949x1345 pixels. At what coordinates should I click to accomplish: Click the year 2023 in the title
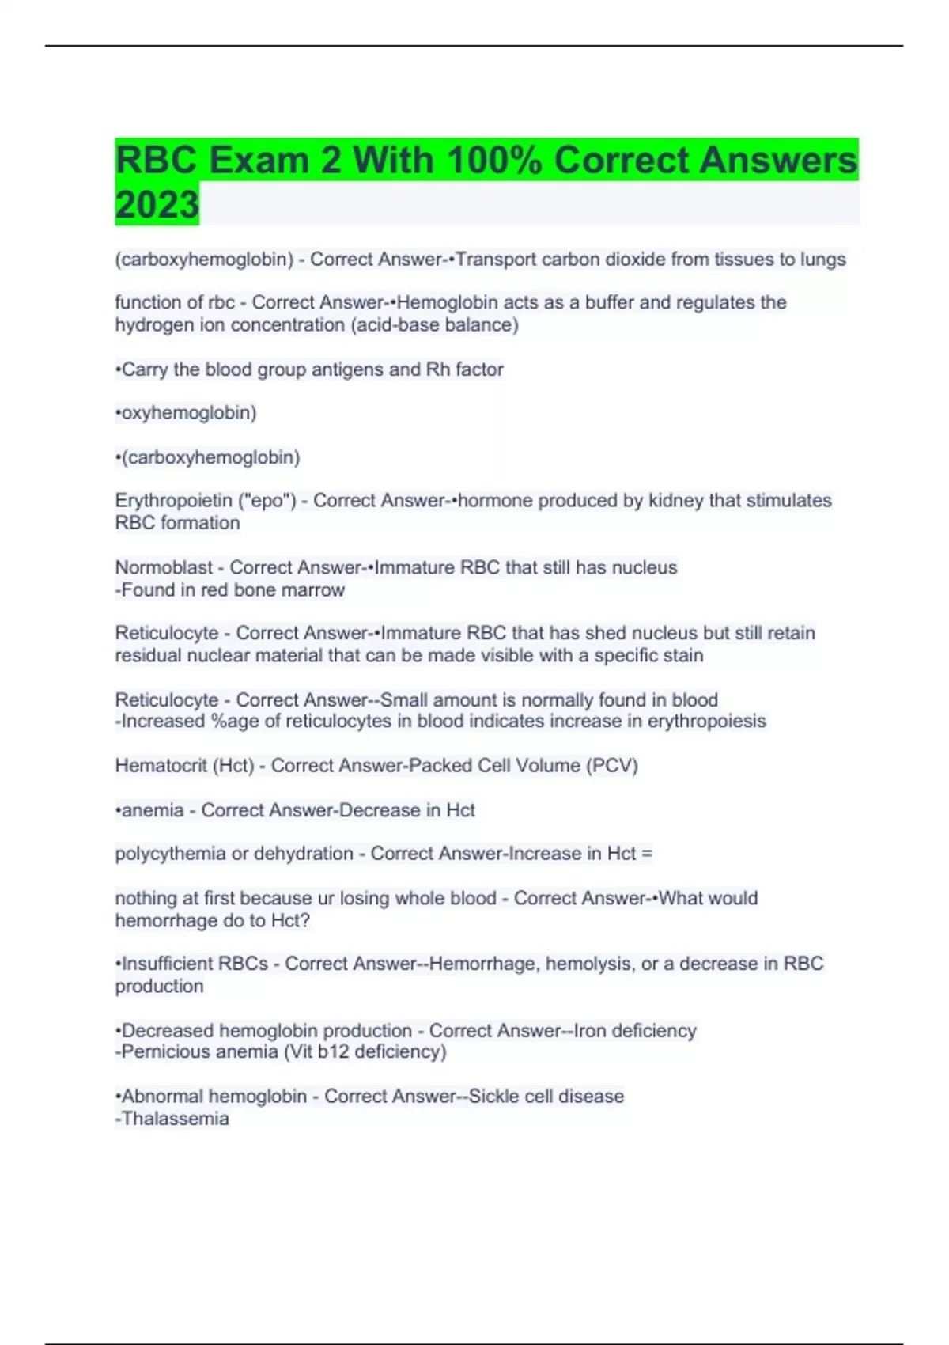coord(157,204)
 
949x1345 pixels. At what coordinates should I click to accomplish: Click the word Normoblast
coord(164,568)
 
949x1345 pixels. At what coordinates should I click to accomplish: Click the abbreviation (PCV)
coord(611,766)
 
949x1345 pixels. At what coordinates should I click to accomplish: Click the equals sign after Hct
coord(647,854)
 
